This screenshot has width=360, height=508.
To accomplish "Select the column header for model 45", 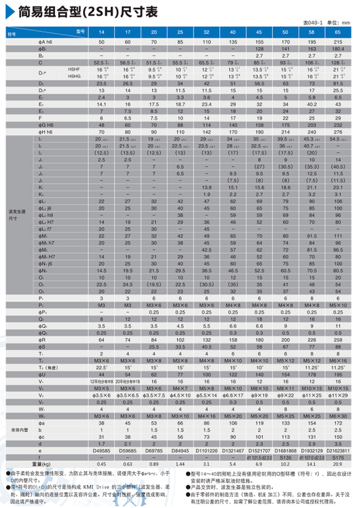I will click(x=259, y=32).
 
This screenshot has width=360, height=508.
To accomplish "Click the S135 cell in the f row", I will click(x=286, y=457).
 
